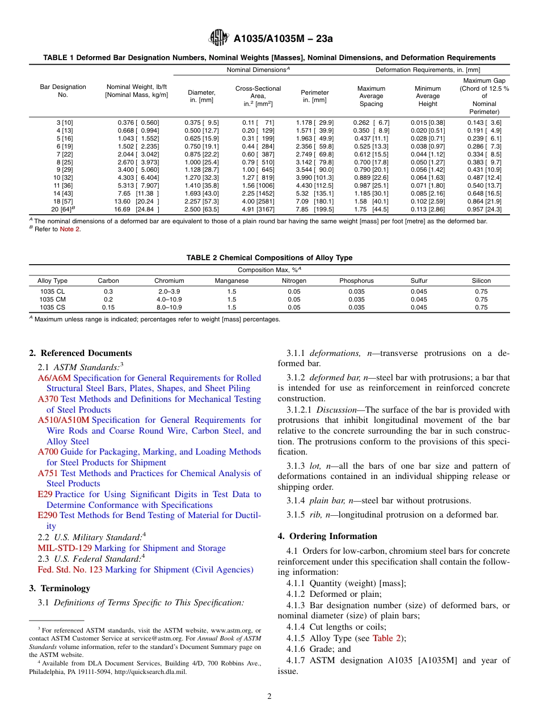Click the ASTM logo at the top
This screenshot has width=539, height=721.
coord(218,38)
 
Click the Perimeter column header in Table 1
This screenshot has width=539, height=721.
coord(315,96)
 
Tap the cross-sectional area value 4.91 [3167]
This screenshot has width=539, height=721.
coord(258,209)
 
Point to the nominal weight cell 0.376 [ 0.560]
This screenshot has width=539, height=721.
coord(138,122)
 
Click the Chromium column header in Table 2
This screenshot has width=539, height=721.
coord(169,281)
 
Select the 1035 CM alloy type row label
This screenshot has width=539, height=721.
coord(52,299)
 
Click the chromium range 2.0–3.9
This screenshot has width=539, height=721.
coord(169,291)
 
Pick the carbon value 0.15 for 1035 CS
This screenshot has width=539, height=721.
coord(108,307)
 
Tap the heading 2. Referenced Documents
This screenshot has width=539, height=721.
coord(81,353)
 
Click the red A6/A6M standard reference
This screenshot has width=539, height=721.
coord(54,378)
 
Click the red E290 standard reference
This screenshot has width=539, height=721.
coord(48,515)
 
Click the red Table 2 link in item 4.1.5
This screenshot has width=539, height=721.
coord(386,638)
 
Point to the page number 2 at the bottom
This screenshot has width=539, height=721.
coord(269,697)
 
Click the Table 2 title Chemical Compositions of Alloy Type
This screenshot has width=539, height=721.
coord(269,258)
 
